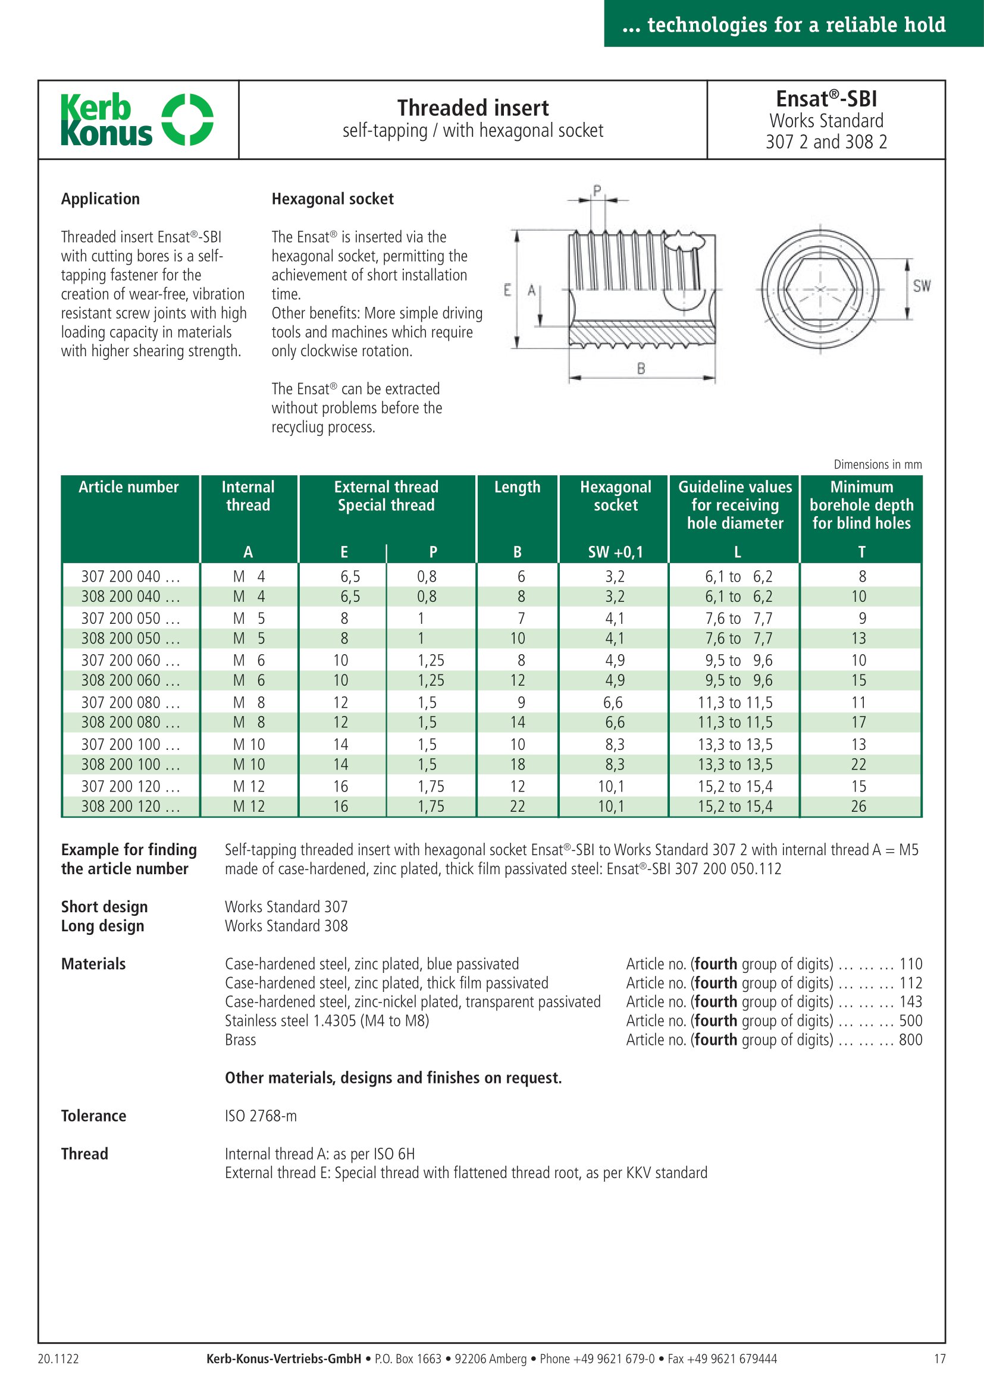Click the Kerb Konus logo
pyautogui.click(x=136, y=120)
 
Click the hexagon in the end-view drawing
pyautogui.click(x=820, y=289)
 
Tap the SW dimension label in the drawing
pyautogui.click(x=922, y=286)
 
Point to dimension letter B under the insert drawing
pyautogui.click(x=641, y=368)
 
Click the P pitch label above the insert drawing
pyautogui.click(x=597, y=191)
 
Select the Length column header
pyautogui.click(x=517, y=487)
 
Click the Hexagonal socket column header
pyautogui.click(x=615, y=496)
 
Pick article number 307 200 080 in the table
pyautogui.click(x=130, y=703)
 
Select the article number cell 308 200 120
pyautogui.click(x=130, y=806)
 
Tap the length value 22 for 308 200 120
pyautogui.click(x=518, y=806)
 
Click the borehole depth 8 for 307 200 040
pyautogui.click(x=862, y=577)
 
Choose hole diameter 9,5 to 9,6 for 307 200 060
pyautogui.click(x=738, y=660)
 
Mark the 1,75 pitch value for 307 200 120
pyautogui.click(x=431, y=786)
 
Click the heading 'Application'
pyautogui.click(x=101, y=199)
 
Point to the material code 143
pyautogui.click(x=910, y=1002)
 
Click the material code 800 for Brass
pyautogui.click(x=910, y=1040)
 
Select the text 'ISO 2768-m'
pyautogui.click(x=261, y=1116)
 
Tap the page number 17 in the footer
pyautogui.click(x=939, y=1359)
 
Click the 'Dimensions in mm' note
pyautogui.click(x=878, y=464)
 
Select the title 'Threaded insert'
pyautogui.click(x=472, y=108)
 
